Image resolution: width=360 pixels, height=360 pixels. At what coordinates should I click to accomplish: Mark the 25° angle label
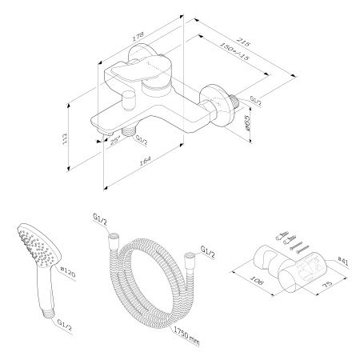click(x=115, y=139)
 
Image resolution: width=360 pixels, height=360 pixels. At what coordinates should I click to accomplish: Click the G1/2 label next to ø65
click(x=256, y=99)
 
